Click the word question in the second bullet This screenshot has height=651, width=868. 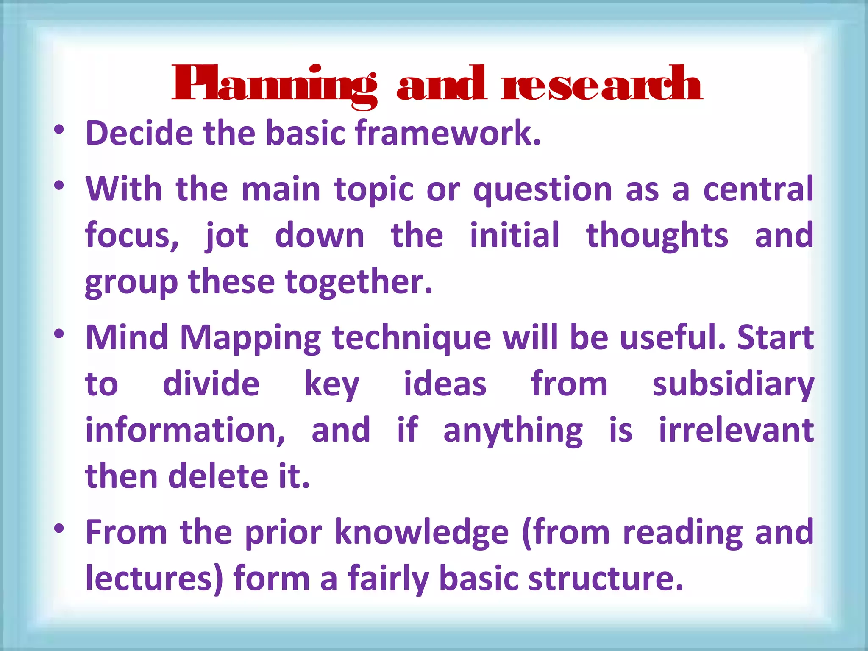click(x=542, y=190)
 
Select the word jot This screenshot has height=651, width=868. click(x=227, y=236)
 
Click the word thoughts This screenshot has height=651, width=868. click(x=657, y=236)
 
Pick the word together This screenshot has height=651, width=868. click(x=359, y=283)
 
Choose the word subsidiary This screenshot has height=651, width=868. click(x=733, y=385)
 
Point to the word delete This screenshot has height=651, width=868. click(x=219, y=476)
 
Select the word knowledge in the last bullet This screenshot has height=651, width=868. click(x=421, y=533)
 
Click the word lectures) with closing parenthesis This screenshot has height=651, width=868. click(x=154, y=579)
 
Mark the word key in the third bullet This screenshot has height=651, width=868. click(x=332, y=385)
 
